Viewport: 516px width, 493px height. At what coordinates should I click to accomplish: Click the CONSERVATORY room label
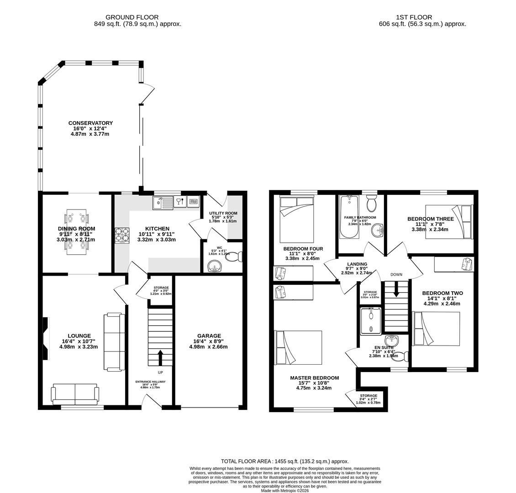tap(90, 123)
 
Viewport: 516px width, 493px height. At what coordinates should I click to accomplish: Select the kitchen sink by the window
tap(163, 202)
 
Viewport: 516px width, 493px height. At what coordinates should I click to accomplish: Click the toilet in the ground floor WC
tap(233, 257)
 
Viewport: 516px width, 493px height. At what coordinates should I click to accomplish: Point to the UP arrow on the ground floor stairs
tap(160, 357)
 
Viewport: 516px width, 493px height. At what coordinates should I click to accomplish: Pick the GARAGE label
tap(209, 336)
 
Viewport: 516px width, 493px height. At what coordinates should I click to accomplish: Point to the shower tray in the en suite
tap(370, 321)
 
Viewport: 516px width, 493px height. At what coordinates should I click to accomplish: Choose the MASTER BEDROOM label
tap(315, 378)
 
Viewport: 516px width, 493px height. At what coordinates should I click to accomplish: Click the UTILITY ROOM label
tap(223, 213)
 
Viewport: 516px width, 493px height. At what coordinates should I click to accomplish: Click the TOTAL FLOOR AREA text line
tap(284, 462)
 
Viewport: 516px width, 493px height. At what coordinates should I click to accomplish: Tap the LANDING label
tap(357, 264)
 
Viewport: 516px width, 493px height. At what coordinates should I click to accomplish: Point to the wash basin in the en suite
tap(392, 341)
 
